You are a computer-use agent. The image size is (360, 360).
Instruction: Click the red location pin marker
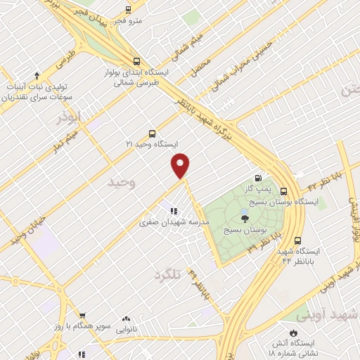[x=181, y=165]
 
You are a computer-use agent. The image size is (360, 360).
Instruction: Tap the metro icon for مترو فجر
[x=128, y=10]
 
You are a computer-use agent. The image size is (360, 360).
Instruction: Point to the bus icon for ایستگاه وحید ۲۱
[x=152, y=134]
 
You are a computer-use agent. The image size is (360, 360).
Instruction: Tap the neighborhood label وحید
[x=121, y=182]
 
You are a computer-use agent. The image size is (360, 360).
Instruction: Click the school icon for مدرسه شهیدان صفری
[x=172, y=211]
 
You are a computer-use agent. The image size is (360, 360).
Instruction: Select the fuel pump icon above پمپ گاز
[x=258, y=179]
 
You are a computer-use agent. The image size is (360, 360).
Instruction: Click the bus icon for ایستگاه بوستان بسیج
[x=283, y=191]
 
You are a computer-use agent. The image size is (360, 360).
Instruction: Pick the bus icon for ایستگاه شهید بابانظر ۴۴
[x=299, y=240]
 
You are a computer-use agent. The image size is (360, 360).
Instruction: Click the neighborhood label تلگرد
[x=167, y=275]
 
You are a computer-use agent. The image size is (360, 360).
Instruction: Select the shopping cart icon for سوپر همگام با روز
[x=82, y=316]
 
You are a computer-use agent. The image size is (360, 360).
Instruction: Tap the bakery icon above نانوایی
[x=127, y=319]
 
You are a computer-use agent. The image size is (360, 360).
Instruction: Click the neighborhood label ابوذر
[x=69, y=115]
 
